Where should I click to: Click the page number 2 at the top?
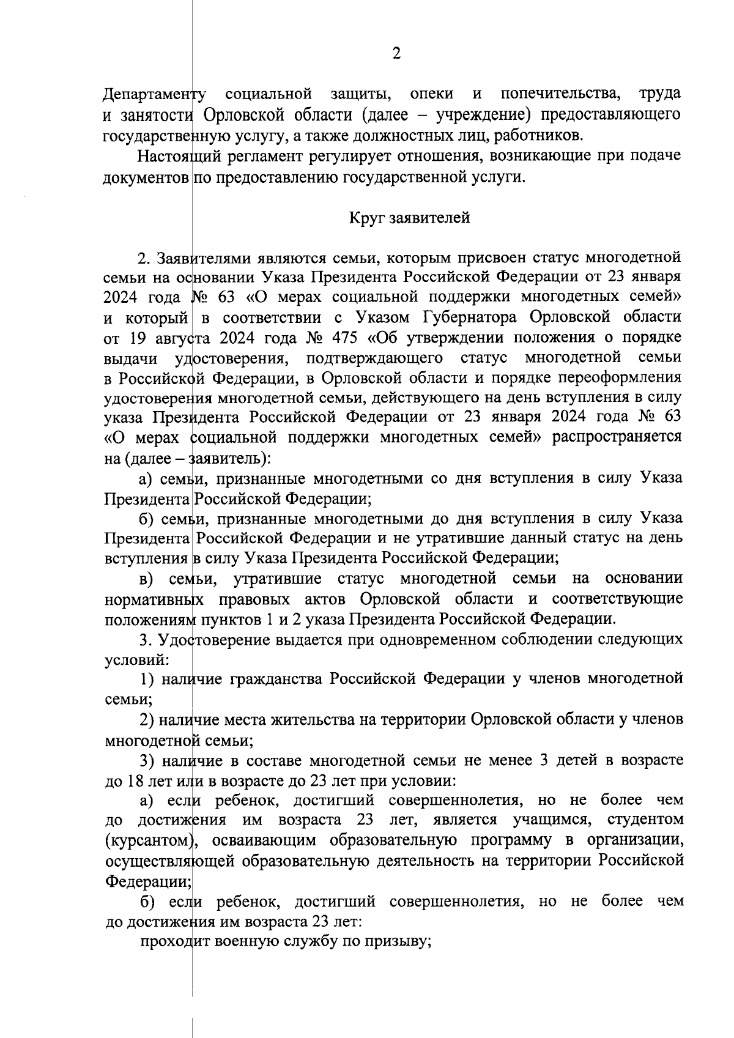coord(396,54)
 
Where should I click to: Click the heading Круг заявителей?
coord(409,218)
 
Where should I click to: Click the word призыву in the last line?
coord(399,942)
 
